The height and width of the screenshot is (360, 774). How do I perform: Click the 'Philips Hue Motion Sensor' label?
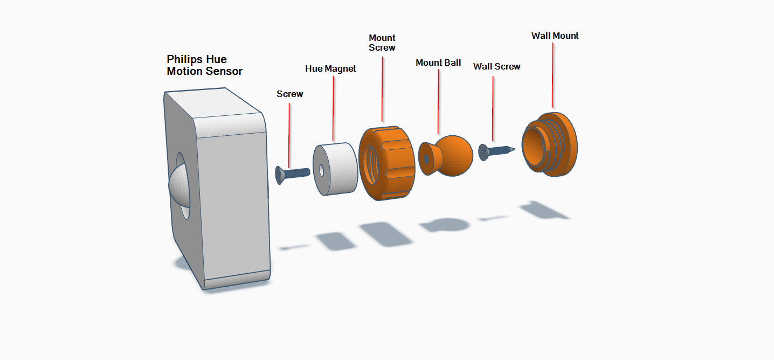(204, 65)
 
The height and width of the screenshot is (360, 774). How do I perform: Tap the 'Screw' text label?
(290, 94)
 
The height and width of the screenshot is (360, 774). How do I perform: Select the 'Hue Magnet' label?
(330, 69)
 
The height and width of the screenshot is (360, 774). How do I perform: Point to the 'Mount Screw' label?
(382, 43)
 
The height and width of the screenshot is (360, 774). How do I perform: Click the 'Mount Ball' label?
(438, 63)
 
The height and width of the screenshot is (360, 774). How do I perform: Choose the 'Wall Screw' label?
(496, 67)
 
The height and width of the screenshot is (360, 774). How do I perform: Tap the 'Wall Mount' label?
(555, 36)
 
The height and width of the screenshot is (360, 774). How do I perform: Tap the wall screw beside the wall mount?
(497, 151)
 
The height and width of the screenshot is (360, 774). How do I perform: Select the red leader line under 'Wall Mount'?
(553, 75)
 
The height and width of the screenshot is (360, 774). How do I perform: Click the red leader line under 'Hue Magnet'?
(333, 108)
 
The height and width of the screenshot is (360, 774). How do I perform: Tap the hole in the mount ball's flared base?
(426, 159)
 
